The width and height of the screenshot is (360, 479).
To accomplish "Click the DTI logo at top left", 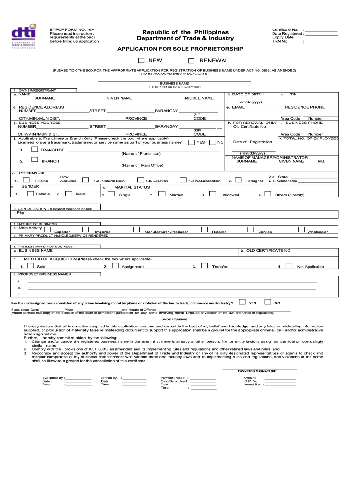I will pyautogui.click(x=23, y=36).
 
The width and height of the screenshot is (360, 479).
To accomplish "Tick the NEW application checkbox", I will pyautogui.click(x=142, y=61).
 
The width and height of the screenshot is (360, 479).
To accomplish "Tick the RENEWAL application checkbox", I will pyautogui.click(x=191, y=61).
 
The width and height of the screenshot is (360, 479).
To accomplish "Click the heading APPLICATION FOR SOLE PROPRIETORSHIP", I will pyautogui.click(x=180, y=49).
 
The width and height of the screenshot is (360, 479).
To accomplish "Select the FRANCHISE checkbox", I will pyautogui.click(x=35, y=149).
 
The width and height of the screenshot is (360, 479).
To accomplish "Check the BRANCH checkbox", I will pyautogui.click(x=35, y=160).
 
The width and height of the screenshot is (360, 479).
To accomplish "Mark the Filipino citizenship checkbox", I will pyautogui.click(x=27, y=180).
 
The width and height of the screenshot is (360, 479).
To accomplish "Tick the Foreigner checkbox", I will pyautogui.click(x=238, y=180).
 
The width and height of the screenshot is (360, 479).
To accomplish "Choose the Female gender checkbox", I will pyautogui.click(x=27, y=193).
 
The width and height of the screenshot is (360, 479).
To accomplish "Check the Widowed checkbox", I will pyautogui.click(x=213, y=193).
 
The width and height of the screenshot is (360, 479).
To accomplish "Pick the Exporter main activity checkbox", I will pyautogui.click(x=47, y=229).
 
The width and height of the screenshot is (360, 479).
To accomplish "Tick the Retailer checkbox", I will pyautogui.click(x=204, y=229).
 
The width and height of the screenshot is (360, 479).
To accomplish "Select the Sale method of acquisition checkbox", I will pyautogui.click(x=30, y=265).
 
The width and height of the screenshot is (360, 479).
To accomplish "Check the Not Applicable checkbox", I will pyautogui.click(x=288, y=265).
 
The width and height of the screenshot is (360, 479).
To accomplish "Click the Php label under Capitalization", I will pyautogui.click(x=21, y=212).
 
